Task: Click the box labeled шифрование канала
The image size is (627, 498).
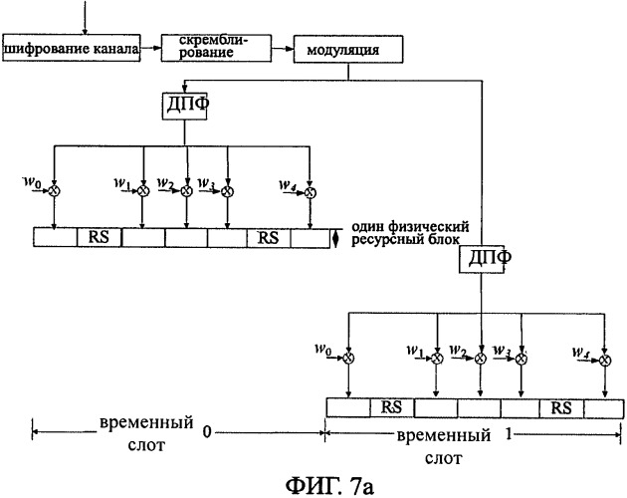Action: click(x=72, y=48)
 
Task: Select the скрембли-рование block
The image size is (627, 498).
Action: click(x=216, y=48)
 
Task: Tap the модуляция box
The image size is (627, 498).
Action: click(x=348, y=49)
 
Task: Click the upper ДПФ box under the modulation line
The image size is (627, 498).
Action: click(x=184, y=107)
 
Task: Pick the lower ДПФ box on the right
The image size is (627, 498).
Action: click(x=481, y=259)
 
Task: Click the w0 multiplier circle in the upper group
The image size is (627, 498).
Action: click(x=54, y=191)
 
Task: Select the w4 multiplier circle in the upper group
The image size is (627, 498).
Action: click(x=311, y=192)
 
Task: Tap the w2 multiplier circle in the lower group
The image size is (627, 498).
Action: click(x=481, y=359)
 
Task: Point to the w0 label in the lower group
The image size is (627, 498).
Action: click(x=323, y=350)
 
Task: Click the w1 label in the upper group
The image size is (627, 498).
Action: click(x=122, y=183)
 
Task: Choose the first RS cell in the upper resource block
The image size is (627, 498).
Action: click(x=99, y=237)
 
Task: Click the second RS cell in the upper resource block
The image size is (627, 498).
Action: click(x=269, y=238)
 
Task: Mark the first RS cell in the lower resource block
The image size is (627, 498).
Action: click(x=392, y=407)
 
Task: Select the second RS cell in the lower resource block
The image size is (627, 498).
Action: click(x=561, y=408)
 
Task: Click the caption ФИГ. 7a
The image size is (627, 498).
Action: click(x=329, y=486)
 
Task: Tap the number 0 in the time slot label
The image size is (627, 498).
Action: click(x=207, y=432)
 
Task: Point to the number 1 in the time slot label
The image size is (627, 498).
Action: click(x=509, y=434)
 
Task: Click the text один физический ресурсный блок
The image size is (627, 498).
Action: click(x=410, y=233)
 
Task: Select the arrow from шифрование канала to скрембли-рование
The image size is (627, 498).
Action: click(x=150, y=48)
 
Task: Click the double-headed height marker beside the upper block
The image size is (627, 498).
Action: click(x=335, y=239)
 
